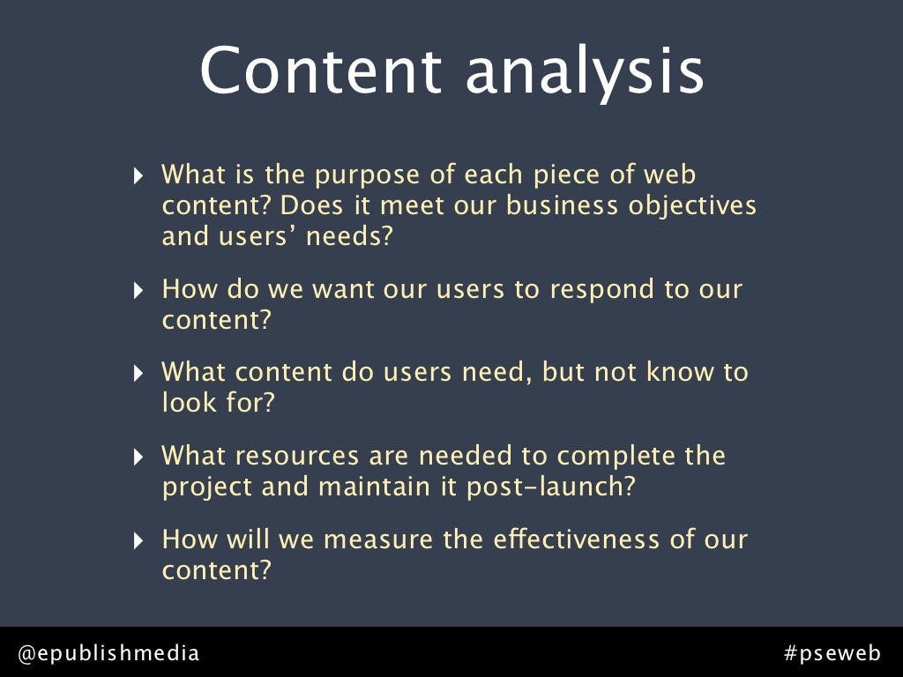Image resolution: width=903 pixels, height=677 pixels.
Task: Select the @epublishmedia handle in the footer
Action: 109,653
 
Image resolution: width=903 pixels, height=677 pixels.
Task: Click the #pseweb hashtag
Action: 832,653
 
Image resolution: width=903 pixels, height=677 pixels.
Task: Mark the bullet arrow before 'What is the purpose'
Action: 138,176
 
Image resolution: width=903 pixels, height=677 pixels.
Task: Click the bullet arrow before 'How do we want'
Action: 138,290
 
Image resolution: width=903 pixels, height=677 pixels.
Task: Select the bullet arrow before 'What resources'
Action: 138,458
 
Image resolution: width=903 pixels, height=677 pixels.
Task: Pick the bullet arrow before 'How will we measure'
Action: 138,540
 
